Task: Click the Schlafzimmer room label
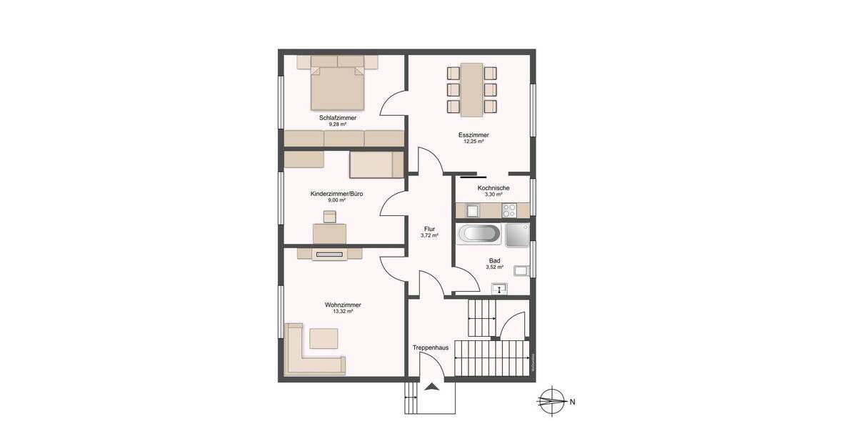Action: point(338,117)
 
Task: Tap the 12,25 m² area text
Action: point(473,142)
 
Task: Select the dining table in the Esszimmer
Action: point(471,89)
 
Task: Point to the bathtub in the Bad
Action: point(480,235)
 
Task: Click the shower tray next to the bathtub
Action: point(518,235)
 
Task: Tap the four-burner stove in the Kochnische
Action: point(509,210)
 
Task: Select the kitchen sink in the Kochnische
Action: point(473,210)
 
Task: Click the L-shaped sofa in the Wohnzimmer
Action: point(307,354)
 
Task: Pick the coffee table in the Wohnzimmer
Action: point(324,337)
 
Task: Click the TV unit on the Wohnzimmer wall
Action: point(329,253)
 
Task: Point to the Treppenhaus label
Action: point(430,347)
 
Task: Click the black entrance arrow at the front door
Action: point(432,387)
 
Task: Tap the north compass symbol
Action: point(551,401)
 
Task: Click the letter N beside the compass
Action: point(573,402)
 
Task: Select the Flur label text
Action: point(429,229)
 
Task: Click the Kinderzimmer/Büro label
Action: point(336,194)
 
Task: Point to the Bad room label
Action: point(494,260)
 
